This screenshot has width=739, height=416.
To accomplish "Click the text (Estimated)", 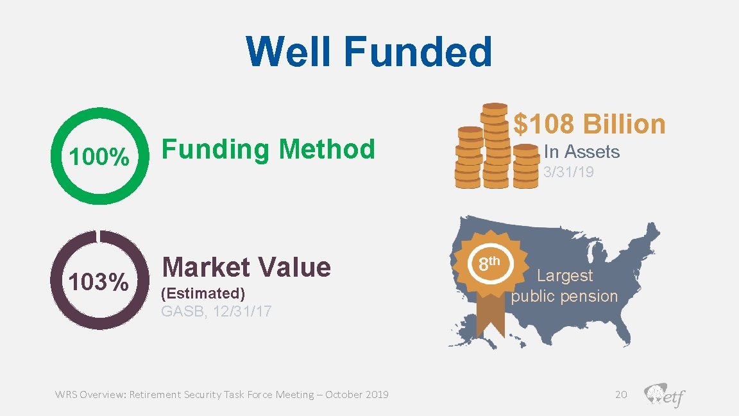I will click(203, 293).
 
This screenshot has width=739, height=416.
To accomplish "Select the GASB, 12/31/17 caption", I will click(216, 312).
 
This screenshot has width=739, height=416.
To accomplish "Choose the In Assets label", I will click(581, 152).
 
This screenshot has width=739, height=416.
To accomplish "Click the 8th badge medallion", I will click(491, 263).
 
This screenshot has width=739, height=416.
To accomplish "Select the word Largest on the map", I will click(565, 275).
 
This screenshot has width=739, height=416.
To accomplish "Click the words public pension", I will click(565, 296).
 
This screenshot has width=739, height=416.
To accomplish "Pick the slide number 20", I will click(620, 394).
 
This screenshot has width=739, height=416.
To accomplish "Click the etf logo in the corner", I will click(664, 395).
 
